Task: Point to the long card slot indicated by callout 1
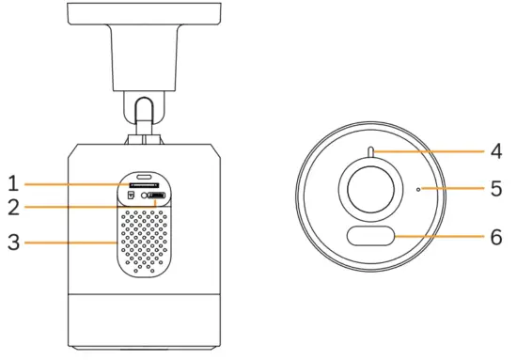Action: click(142, 186)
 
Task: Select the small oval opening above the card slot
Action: click(144, 176)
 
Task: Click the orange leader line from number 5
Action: click(456, 188)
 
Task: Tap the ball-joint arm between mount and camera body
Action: click(143, 117)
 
